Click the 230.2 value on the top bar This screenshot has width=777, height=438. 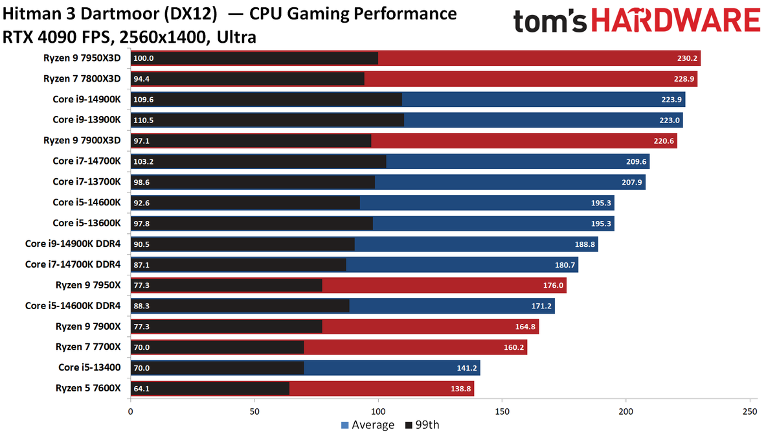pos(687,58)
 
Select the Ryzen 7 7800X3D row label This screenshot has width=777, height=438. pos(82,79)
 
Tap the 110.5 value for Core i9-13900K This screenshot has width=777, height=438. pos(143,120)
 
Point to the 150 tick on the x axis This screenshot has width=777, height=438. pos(502,411)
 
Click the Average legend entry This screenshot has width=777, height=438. pos(368,425)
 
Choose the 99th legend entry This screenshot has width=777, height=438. pos(422,425)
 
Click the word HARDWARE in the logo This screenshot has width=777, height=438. pos(676,20)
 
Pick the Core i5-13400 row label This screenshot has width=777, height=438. pos(89,367)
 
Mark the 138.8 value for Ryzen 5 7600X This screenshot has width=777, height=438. pos(460,389)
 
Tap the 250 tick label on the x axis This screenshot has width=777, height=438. pos(750,411)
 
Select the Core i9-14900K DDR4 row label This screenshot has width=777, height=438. pos(73,244)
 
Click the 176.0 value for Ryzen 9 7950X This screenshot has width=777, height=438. pos(553,285)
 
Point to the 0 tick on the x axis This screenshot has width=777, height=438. pos(130,411)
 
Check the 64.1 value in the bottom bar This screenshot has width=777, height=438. pos(142,389)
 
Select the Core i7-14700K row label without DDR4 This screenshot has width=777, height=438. pos(87,161)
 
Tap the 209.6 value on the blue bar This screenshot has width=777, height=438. pos(636,162)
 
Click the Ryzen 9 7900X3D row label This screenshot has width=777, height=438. pos(82,141)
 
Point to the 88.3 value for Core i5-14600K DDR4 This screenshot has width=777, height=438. pos(142,306)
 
